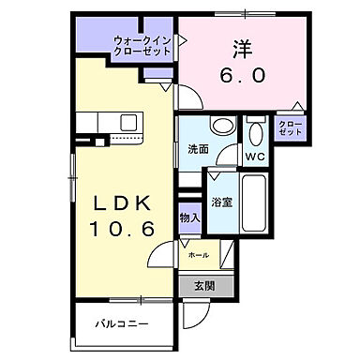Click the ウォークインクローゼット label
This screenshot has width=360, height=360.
point(142,46)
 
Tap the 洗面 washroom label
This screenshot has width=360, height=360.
point(197,149)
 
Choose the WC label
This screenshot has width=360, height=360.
point(253,155)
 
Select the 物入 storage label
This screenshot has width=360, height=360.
point(188,217)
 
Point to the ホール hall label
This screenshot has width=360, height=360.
point(199,254)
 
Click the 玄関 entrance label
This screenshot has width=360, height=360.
point(203,286)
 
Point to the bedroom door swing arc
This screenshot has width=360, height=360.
point(188,99)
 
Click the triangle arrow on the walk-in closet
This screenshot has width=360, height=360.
point(182,40)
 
